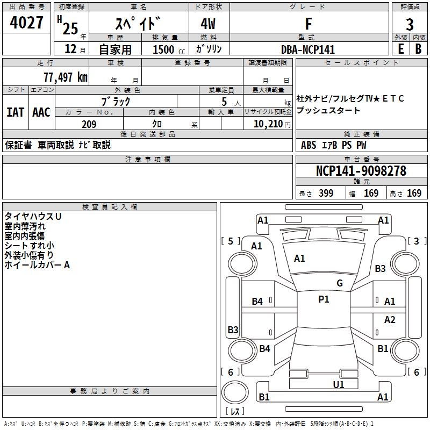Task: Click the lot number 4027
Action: (27, 24)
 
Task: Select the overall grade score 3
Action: (410, 25)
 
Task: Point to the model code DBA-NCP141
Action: (308, 49)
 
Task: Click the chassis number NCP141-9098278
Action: (361, 171)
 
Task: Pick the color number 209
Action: (89, 124)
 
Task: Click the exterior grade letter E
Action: (400, 49)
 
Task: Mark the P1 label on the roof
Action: (324, 299)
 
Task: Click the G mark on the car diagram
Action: (339, 283)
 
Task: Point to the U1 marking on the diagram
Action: (339, 384)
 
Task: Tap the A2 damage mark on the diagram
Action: (390, 320)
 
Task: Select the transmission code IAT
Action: (15, 112)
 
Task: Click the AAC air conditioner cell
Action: (41, 112)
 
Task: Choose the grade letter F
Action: (308, 24)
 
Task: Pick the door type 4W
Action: (209, 24)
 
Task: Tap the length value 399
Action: (325, 193)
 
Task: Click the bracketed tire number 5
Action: (231, 241)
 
